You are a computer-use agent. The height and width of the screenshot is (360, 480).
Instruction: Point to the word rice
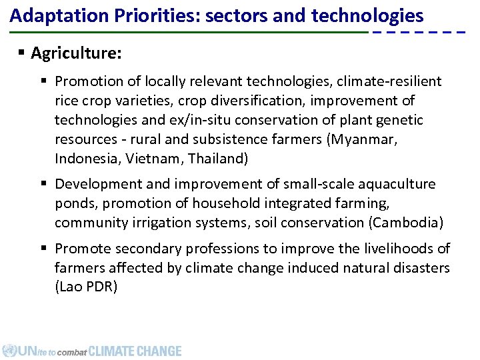tap(68, 101)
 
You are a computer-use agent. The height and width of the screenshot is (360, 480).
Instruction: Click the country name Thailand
tap(218, 159)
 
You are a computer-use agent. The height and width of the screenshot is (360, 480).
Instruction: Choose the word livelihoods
tap(391, 249)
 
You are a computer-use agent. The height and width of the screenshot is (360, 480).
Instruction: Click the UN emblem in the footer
tap(9, 351)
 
